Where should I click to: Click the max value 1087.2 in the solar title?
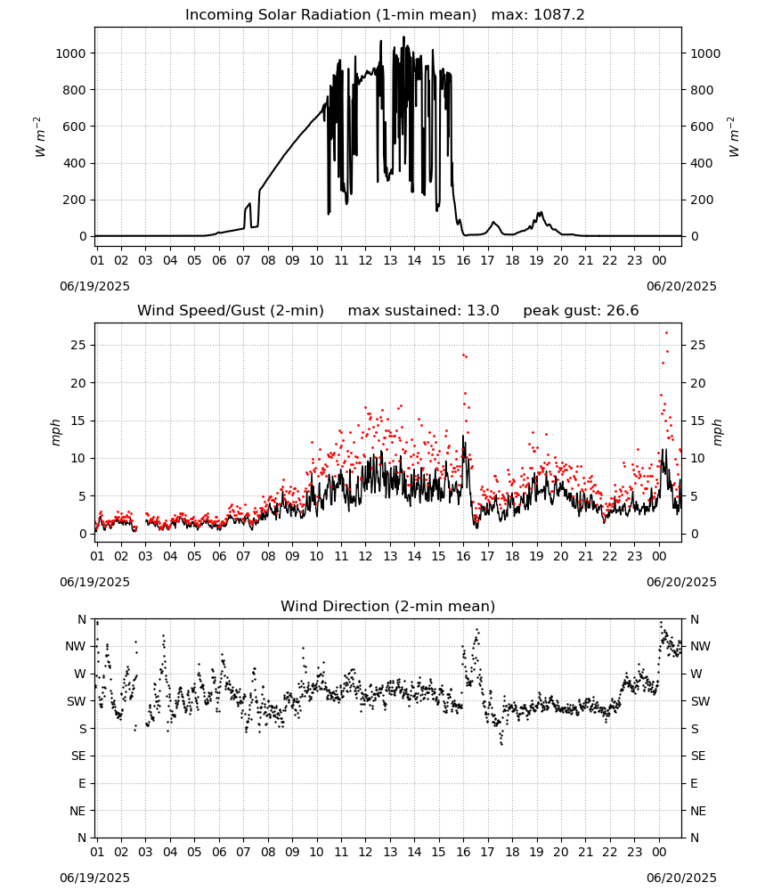pos(558,14)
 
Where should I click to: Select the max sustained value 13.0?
pos(483,310)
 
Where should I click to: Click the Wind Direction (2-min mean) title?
pos(388,606)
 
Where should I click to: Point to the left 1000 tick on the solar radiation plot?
pos(70,53)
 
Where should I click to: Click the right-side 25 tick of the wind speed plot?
pos(698,345)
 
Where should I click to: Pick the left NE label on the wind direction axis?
pos(77,811)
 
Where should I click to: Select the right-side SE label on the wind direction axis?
pos(698,756)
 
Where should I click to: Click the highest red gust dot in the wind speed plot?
pos(666,333)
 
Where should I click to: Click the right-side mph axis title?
pos(718,432)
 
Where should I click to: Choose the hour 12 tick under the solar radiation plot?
pos(365,260)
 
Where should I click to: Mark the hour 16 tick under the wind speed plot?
pos(463,556)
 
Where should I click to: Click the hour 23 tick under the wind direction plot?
pos(634,852)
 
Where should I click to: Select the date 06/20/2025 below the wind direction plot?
pos(681,878)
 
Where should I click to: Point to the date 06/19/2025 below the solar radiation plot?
pos(94,286)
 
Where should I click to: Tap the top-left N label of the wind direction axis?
pos(82,619)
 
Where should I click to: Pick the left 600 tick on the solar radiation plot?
pos(75,127)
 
